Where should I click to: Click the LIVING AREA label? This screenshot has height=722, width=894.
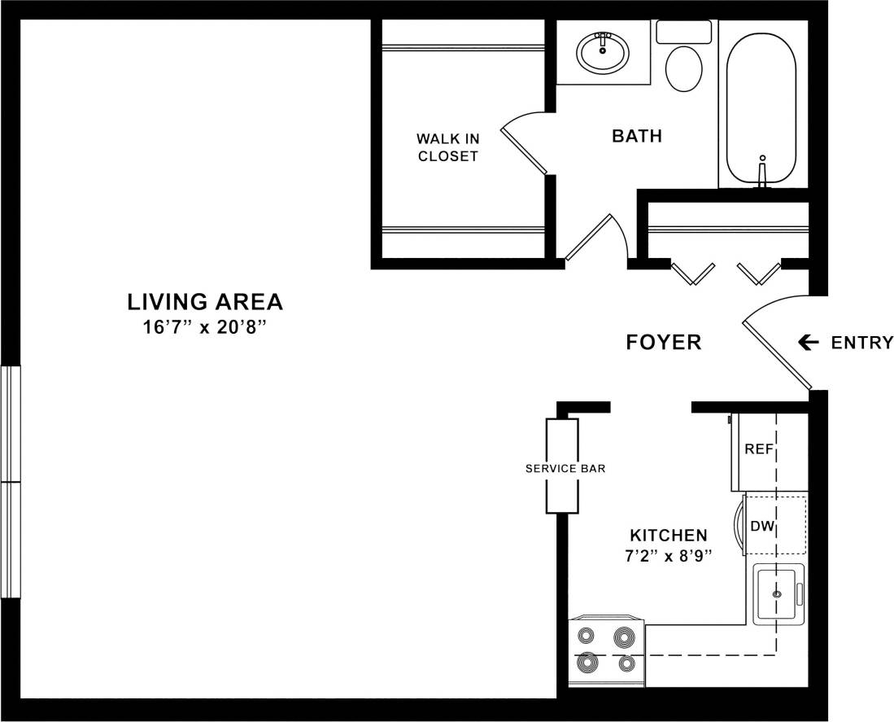205,302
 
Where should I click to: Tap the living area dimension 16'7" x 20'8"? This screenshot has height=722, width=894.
205,327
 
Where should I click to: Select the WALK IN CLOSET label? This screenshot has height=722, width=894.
447,147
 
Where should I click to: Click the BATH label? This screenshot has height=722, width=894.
637,136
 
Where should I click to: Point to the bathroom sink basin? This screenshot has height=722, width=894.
603,54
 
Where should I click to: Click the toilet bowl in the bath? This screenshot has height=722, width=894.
683,68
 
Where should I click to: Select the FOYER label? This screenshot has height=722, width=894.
664,343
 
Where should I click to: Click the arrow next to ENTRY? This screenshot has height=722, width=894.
808,343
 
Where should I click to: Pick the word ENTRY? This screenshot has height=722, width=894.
861,343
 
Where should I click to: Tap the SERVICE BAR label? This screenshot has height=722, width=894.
565,469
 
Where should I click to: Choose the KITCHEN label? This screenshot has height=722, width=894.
669,536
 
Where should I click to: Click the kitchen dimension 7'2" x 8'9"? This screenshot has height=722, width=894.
669,557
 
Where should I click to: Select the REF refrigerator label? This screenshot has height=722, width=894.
758,449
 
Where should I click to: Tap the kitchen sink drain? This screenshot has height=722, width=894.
776,594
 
